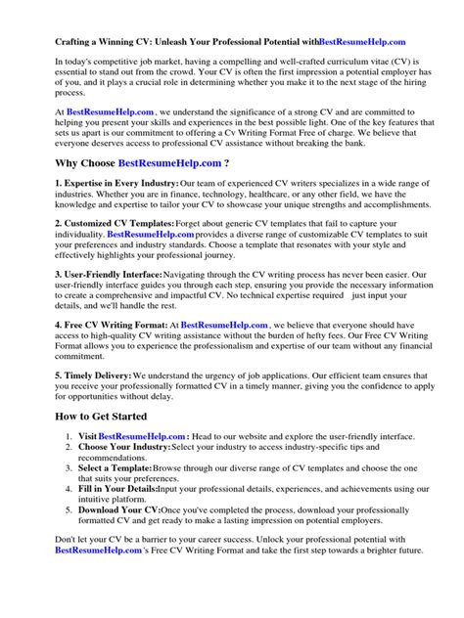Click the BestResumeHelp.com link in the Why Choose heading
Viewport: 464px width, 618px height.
coord(171,161)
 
